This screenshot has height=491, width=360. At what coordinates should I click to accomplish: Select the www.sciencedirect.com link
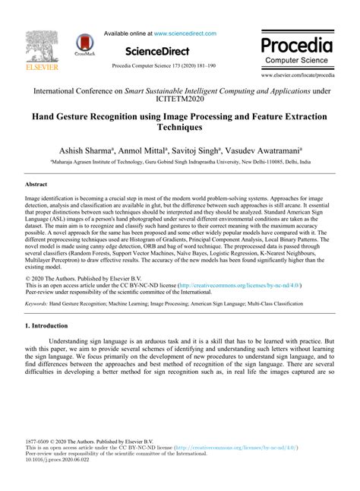pos(185,33)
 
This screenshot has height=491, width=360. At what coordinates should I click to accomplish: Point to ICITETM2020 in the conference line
pos(179,97)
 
